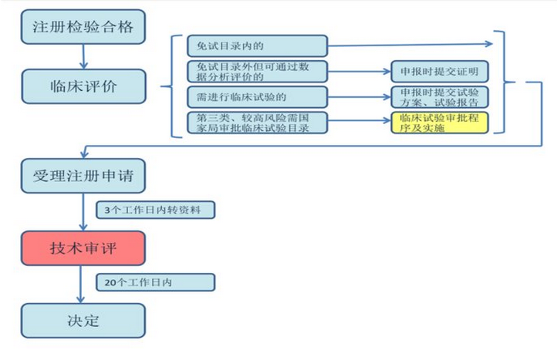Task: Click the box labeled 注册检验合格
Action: pyautogui.click(x=83, y=27)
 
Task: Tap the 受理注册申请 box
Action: pyautogui.click(x=83, y=176)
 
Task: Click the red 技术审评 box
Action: pyautogui.click(x=83, y=248)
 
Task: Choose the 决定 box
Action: pyautogui.click(x=83, y=320)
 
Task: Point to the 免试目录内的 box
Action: pyautogui.click(x=258, y=45)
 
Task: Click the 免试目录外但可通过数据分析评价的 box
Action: pyautogui.click(x=258, y=72)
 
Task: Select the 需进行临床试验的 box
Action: pyautogui.click(x=258, y=96)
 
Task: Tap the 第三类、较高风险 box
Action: pyautogui.click(x=258, y=123)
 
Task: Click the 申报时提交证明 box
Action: pyautogui.click(x=439, y=72)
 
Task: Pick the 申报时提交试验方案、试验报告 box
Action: pyautogui.click(x=439, y=97)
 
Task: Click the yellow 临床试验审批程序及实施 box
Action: pyautogui.click(x=439, y=123)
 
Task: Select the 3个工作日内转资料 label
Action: pyautogui.click(x=154, y=210)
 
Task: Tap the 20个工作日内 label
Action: pyautogui.click(x=154, y=282)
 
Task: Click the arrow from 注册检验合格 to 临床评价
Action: pyautogui.click(x=83, y=56)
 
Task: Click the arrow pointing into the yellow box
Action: pyautogui.click(x=360, y=123)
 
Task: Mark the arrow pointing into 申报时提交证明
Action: pyautogui.click(x=360, y=72)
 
